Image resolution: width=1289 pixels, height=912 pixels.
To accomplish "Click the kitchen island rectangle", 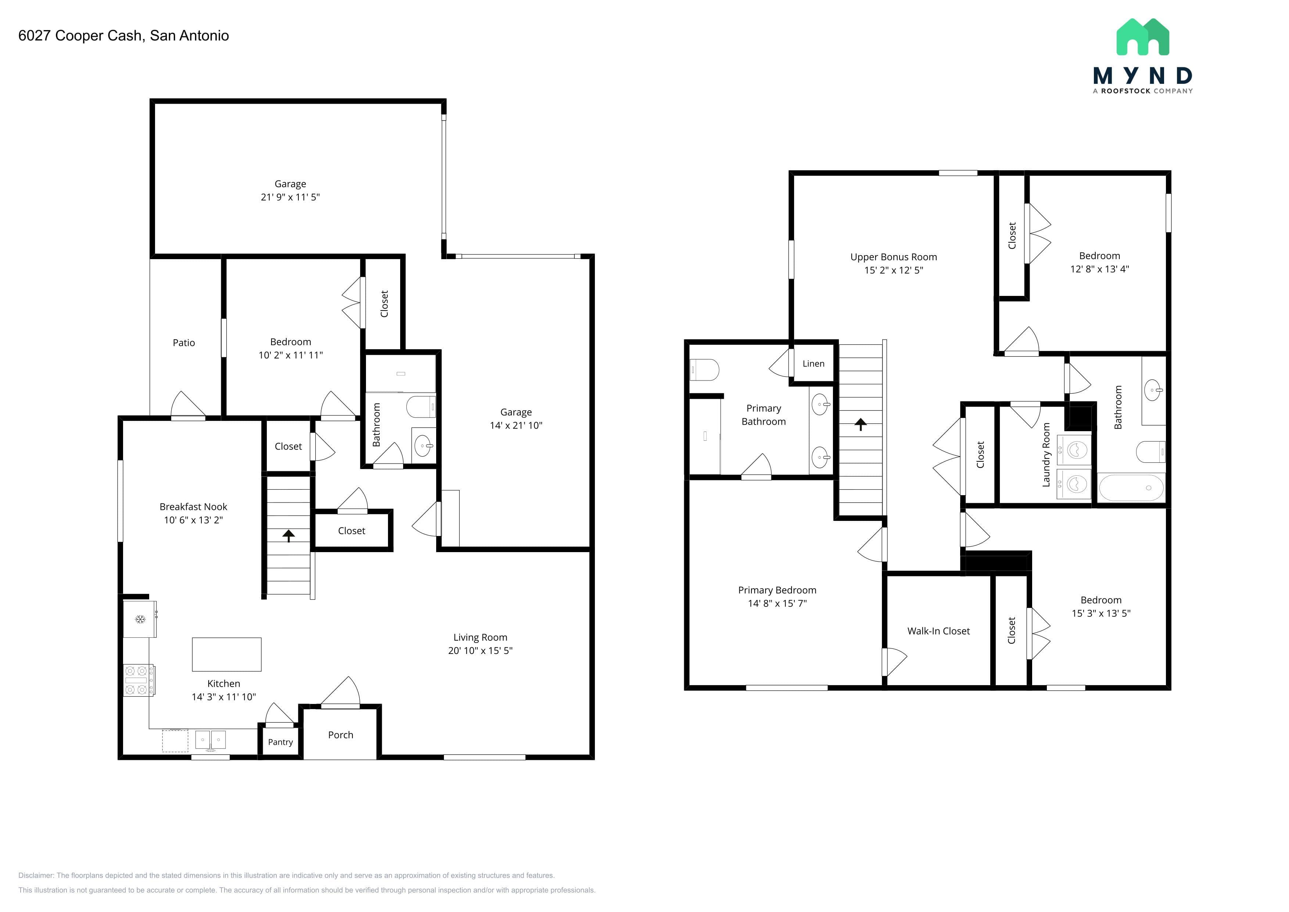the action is point(226,654).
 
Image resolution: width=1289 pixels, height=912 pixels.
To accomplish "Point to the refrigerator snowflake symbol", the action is point(140,619).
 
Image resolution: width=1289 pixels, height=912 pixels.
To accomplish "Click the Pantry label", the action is point(280,742).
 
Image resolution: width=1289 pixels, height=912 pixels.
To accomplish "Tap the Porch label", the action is point(341,734).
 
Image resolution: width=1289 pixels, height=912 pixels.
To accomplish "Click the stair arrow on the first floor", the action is point(288,535).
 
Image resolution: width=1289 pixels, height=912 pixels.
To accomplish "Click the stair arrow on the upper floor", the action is point(860,424).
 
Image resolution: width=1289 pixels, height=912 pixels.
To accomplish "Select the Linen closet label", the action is point(814,363).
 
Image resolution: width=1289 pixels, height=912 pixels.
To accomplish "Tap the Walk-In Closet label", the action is point(939,631).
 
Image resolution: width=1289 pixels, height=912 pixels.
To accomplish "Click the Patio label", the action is point(184,343).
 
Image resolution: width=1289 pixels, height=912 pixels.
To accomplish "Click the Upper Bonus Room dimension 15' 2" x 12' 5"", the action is point(894,270).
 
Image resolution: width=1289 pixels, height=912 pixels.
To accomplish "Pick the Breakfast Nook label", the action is point(193,507).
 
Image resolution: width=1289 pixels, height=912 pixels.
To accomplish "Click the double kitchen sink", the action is point(211,740).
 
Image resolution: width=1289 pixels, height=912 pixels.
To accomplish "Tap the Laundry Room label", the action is point(1046,455).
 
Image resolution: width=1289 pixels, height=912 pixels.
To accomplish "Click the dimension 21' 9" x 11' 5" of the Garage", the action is point(290,197).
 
